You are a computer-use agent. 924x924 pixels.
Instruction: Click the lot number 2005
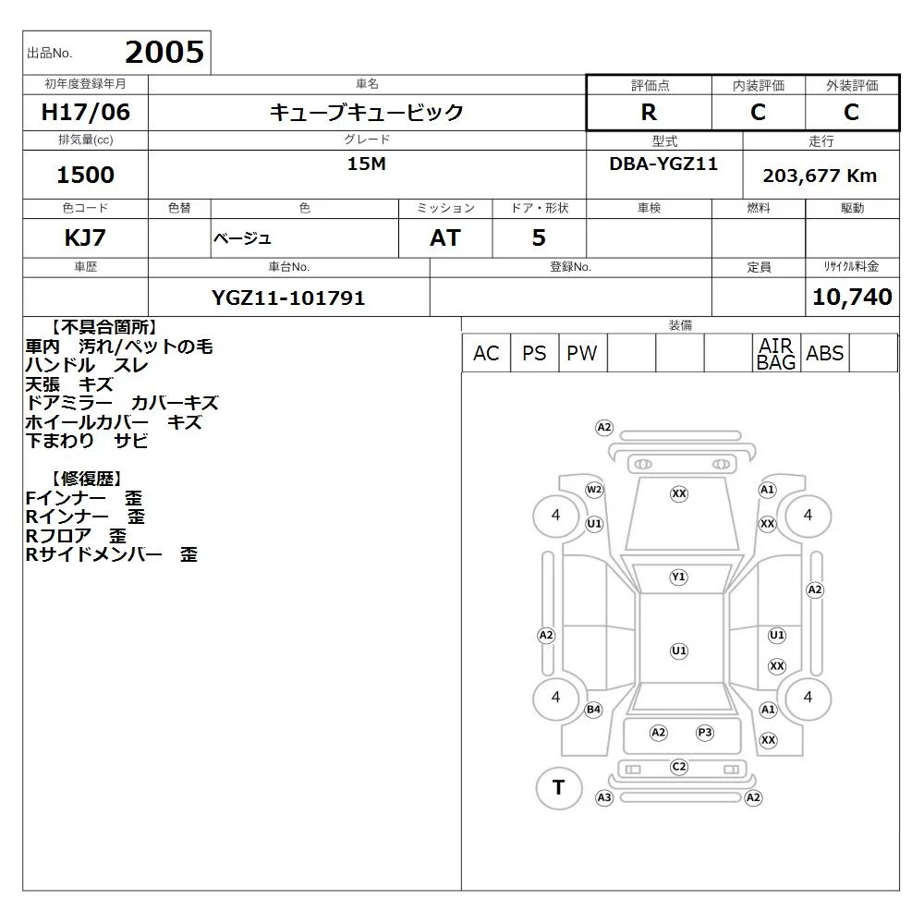click(164, 53)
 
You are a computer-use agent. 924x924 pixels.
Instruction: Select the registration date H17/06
click(85, 112)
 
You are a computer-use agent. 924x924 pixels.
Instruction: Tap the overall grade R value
click(649, 112)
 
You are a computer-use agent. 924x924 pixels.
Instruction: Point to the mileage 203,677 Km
click(820, 176)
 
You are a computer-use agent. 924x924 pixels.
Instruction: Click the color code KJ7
click(85, 237)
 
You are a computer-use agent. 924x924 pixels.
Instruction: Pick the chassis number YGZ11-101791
click(288, 298)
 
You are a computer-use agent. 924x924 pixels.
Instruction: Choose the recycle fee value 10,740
click(852, 297)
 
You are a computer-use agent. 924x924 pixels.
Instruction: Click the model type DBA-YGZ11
click(663, 164)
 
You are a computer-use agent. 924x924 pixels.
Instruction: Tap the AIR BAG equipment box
click(776, 353)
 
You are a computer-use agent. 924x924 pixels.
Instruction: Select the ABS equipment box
click(824, 353)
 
